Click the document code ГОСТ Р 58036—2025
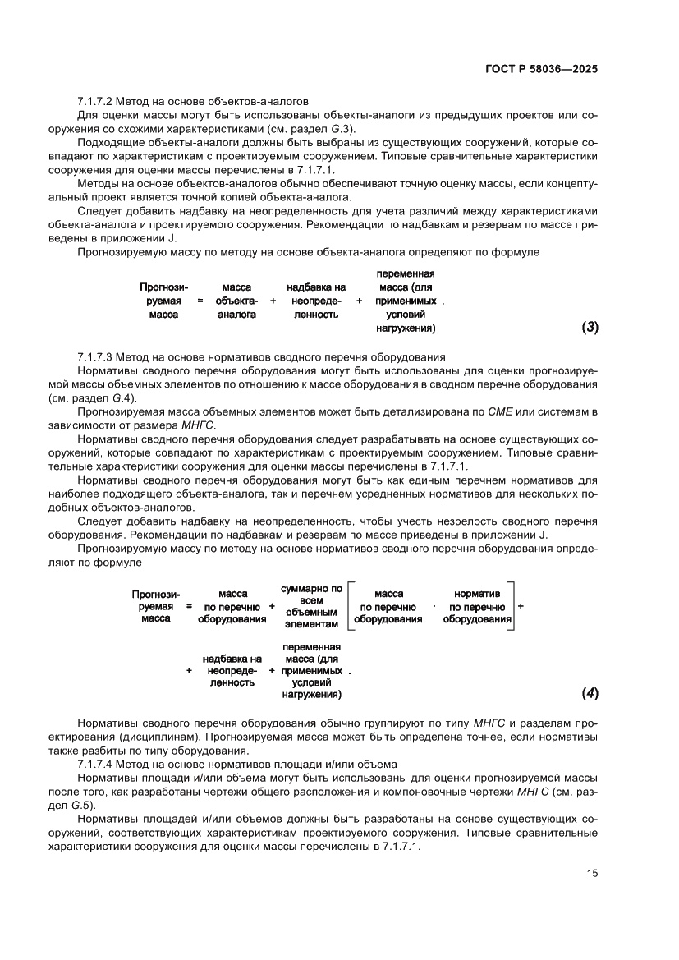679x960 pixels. click(538, 69)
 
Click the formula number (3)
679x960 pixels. click(590, 328)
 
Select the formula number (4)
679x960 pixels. click(590, 694)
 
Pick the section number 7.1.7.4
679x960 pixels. click(97, 763)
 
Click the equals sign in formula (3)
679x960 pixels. click(200, 301)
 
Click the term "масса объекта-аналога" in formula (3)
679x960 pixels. click(236, 301)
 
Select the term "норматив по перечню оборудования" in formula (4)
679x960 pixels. click(477, 606)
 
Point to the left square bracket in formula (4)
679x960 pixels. click(349, 606)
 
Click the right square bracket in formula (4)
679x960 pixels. click(512, 606)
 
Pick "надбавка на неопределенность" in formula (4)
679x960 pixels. click(232, 670)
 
